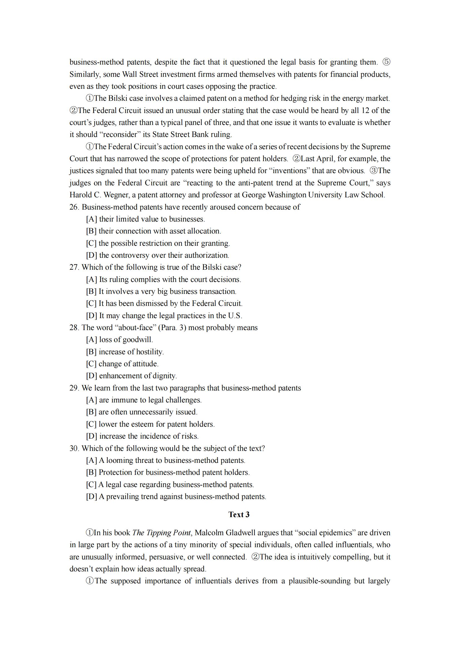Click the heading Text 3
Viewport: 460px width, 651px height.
pos(239,515)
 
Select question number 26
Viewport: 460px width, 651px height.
pos(74,207)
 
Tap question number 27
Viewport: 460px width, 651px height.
pos(74,267)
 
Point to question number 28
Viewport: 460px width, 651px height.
pos(74,328)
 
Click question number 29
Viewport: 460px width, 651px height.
pos(74,388)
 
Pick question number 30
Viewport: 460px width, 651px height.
pos(74,448)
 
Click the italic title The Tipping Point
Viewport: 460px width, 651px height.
pos(162,533)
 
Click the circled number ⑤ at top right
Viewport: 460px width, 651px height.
pos(386,62)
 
